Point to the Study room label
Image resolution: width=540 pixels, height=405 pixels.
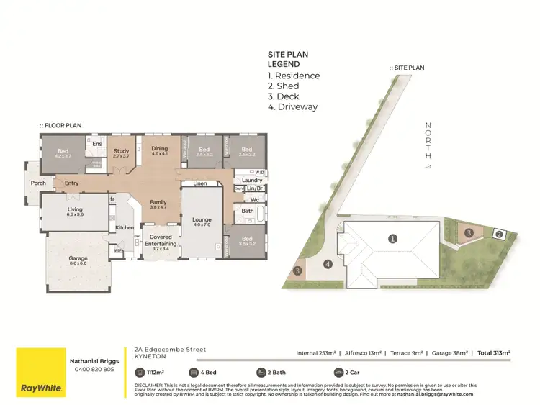coord(121,152)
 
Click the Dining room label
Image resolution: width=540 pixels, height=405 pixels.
coord(159,149)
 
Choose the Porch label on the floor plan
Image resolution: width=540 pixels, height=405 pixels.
coord(38,183)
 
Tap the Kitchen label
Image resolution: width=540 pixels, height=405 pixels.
coord(125,228)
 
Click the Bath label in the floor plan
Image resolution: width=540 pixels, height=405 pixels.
coord(248,211)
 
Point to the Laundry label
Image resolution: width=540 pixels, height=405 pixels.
coord(252,181)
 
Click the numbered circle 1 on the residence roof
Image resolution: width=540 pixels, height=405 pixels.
coord(392,238)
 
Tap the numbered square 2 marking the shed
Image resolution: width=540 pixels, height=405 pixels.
coord(498,234)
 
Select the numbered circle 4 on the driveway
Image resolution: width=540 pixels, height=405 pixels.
coord(328,264)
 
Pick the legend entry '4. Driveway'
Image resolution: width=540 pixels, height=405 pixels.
coord(292,107)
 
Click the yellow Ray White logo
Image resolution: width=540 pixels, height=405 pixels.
coord(40,371)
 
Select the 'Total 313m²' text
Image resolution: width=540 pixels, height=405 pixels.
coord(492,353)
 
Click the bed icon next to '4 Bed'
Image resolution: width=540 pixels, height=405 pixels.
coord(194,373)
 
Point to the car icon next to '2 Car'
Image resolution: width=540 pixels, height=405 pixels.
coord(339,373)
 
